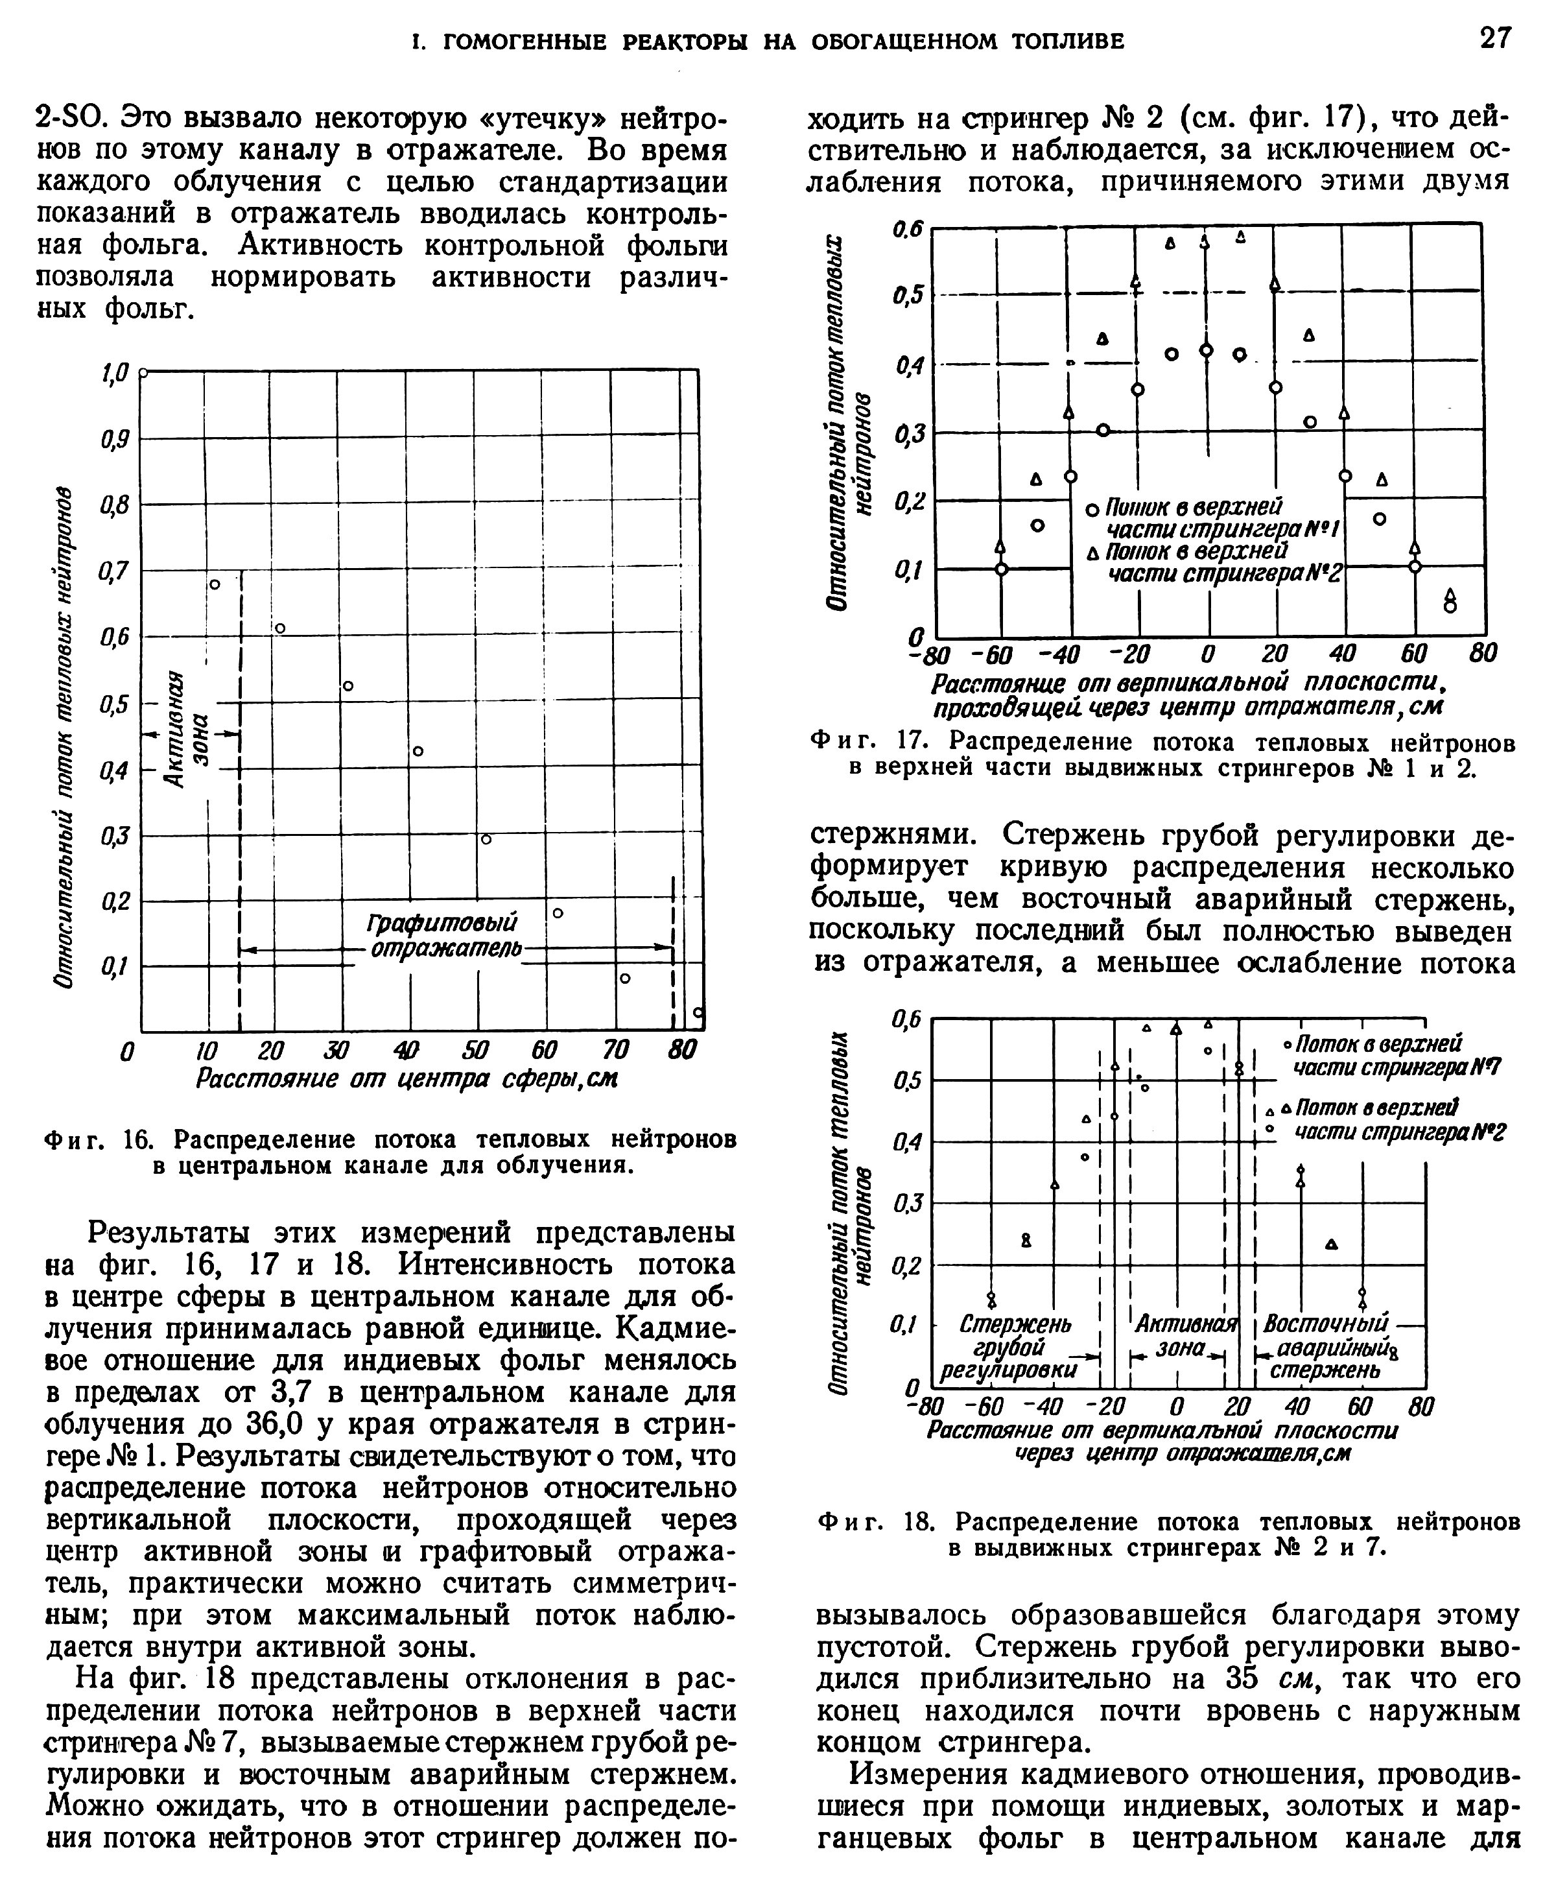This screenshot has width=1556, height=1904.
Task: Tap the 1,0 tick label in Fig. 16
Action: tap(115, 371)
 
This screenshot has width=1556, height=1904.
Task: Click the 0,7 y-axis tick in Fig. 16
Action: tap(115, 570)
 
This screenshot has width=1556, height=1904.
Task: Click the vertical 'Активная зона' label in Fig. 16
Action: tap(190, 730)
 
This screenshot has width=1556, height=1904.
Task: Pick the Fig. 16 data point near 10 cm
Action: tap(214, 584)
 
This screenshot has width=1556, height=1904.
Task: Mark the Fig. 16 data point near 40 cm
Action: tap(418, 751)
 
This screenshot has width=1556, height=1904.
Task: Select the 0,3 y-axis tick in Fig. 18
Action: tap(906, 1203)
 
